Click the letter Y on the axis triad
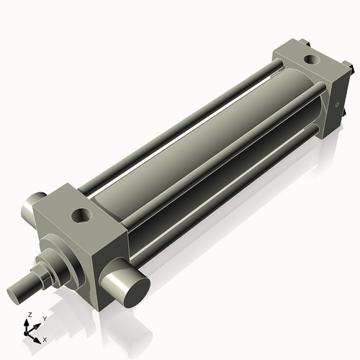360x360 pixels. [44, 318]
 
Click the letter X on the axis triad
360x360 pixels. [45, 338]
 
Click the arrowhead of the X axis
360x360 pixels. [40, 337]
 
